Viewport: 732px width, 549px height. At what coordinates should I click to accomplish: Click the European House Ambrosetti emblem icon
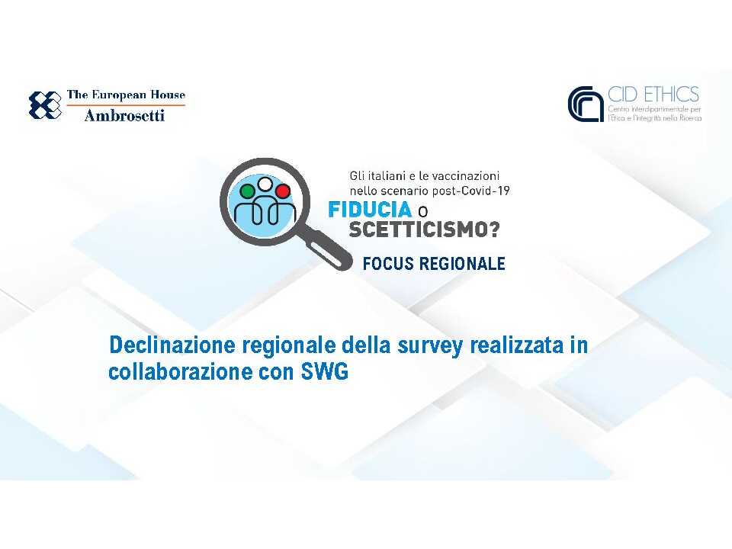(x=45, y=105)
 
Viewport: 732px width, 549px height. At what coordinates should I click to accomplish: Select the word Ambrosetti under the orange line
(x=124, y=116)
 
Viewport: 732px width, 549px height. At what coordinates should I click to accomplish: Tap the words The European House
(x=126, y=95)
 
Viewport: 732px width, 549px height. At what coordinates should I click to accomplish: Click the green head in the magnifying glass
(x=246, y=190)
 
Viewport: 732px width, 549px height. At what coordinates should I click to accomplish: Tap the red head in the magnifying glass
(x=282, y=190)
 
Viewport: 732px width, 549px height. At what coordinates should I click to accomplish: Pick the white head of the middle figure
(x=265, y=184)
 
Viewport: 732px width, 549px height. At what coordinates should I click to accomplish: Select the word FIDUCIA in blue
(x=370, y=210)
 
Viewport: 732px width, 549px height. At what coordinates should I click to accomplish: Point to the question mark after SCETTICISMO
(x=496, y=228)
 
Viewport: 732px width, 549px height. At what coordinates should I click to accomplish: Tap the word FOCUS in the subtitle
(x=389, y=264)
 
